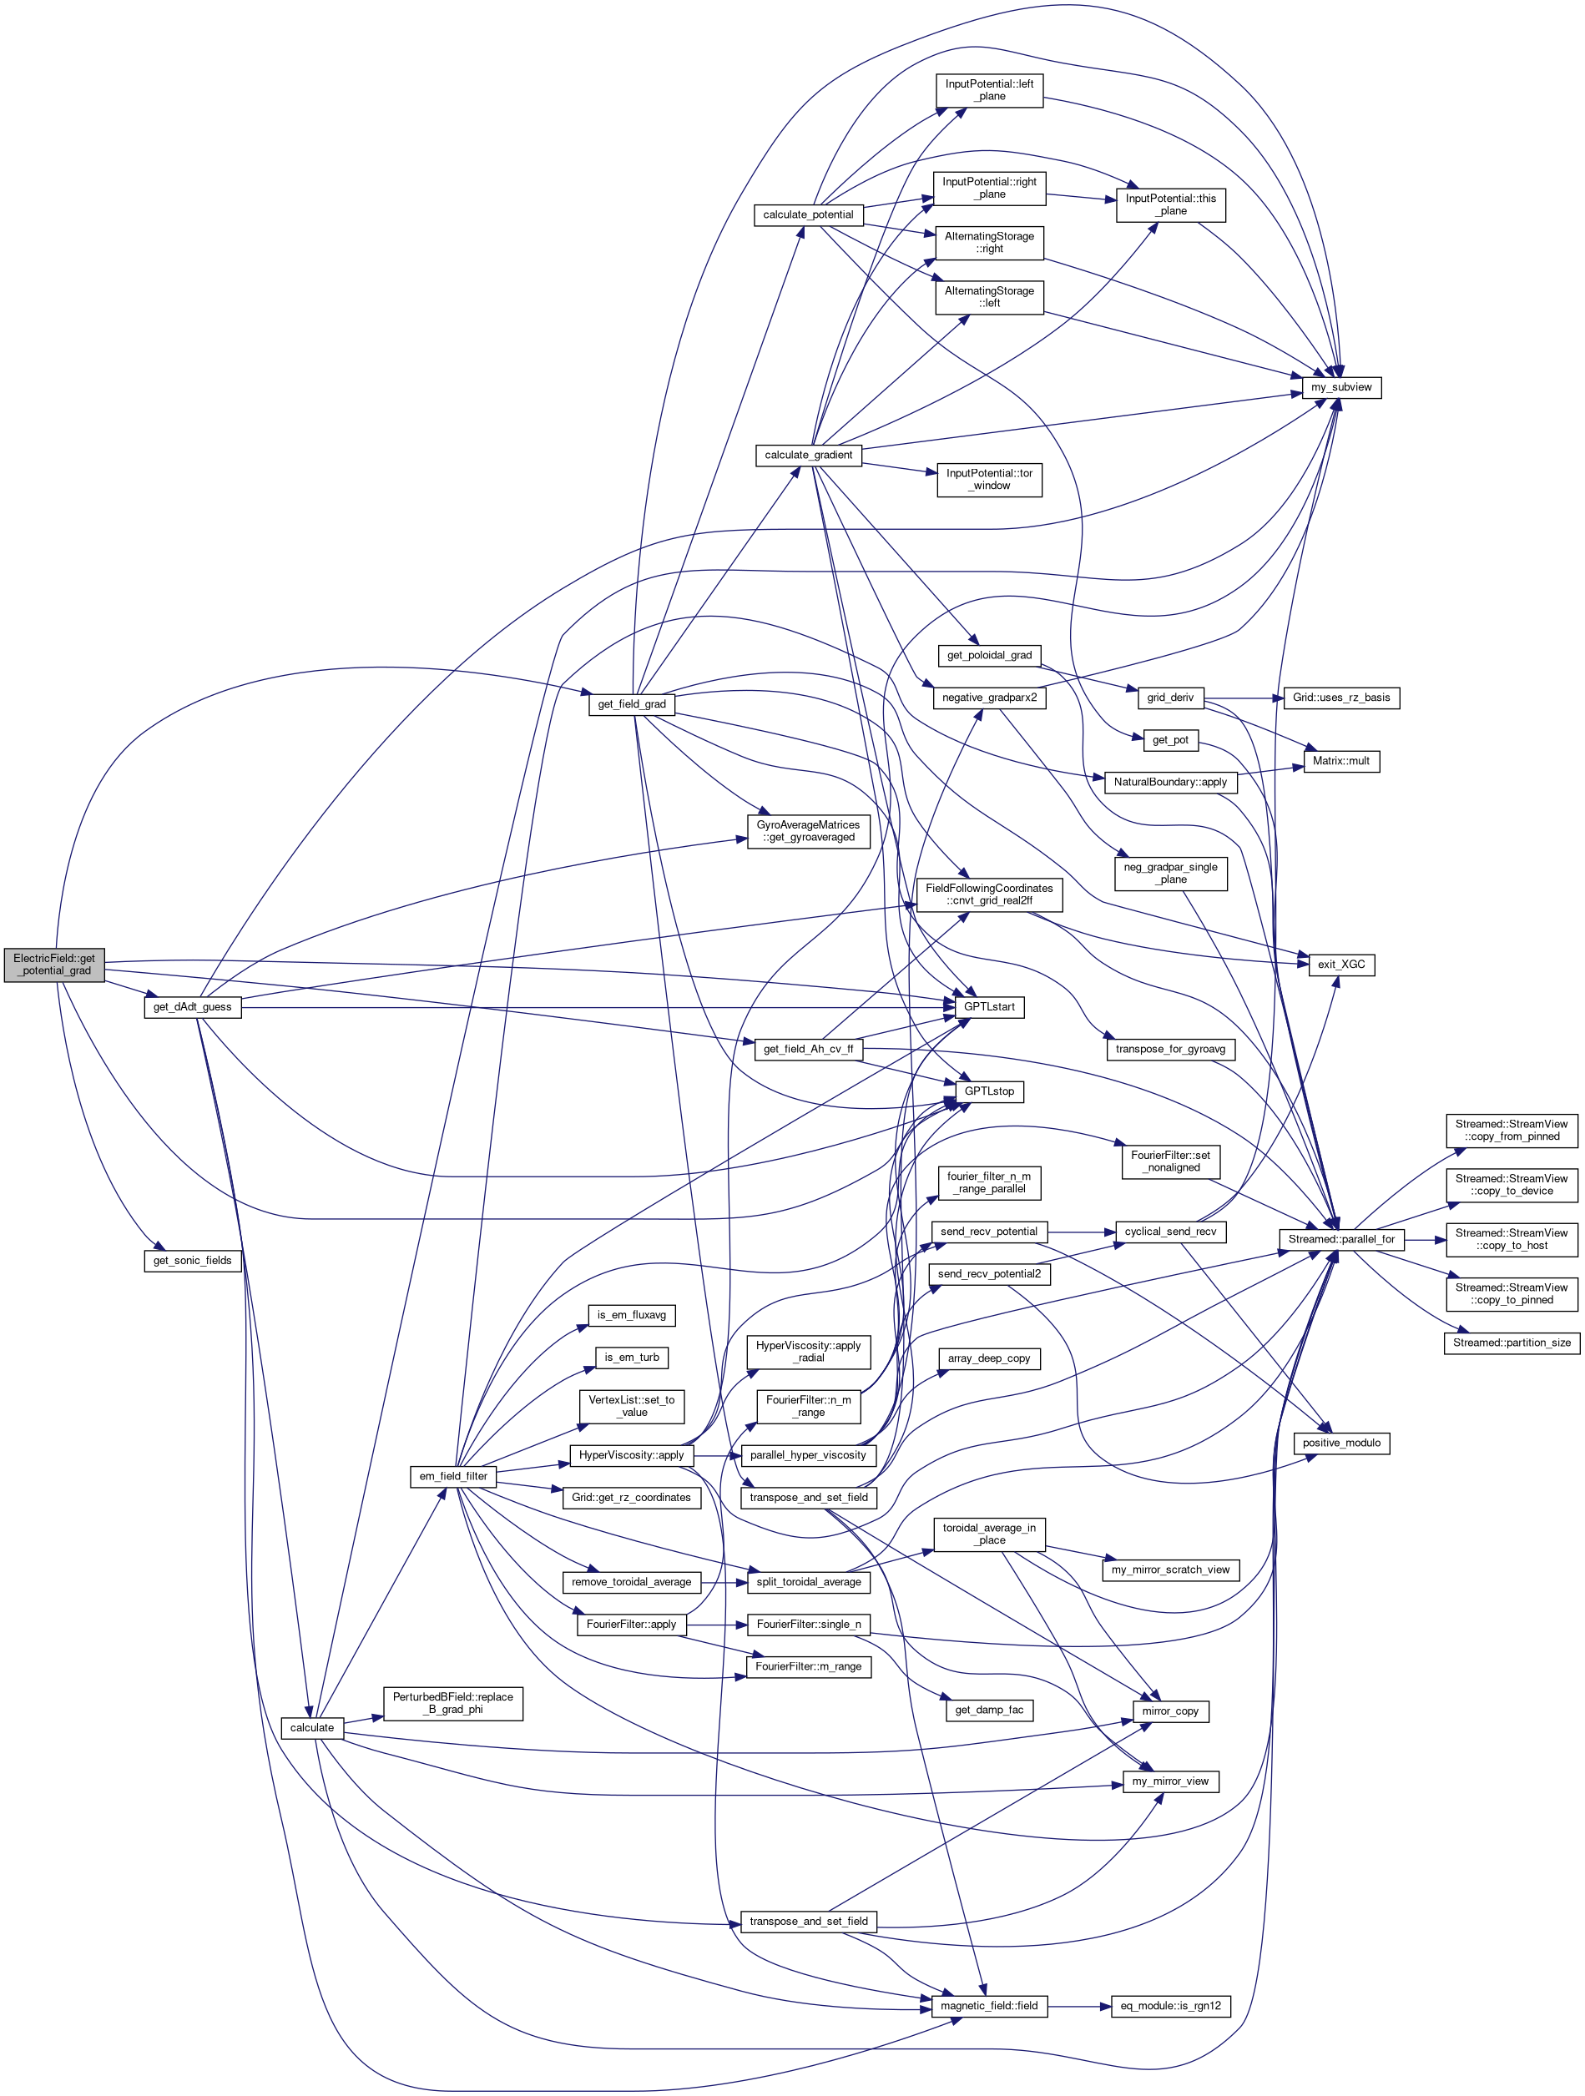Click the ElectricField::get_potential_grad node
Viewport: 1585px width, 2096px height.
tap(54, 964)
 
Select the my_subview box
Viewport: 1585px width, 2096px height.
tap(1340, 386)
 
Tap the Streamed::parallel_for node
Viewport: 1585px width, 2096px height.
tap(1340, 1238)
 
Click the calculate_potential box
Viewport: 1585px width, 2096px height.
tap(808, 214)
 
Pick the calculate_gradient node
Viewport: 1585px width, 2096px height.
tap(808, 455)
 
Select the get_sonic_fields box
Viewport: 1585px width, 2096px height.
tap(193, 1260)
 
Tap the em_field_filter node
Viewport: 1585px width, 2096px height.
tap(453, 1475)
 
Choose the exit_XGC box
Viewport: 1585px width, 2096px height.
tap(1340, 964)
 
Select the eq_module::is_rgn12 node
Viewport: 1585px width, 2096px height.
tap(1170, 2005)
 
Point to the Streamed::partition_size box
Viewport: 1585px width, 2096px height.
tap(1511, 1342)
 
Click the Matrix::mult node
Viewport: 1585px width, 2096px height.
tap(1340, 760)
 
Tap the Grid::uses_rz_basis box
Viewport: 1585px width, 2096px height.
tap(1340, 698)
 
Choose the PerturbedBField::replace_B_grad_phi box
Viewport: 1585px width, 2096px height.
tap(453, 1703)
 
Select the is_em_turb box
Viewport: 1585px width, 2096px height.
tap(631, 1357)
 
